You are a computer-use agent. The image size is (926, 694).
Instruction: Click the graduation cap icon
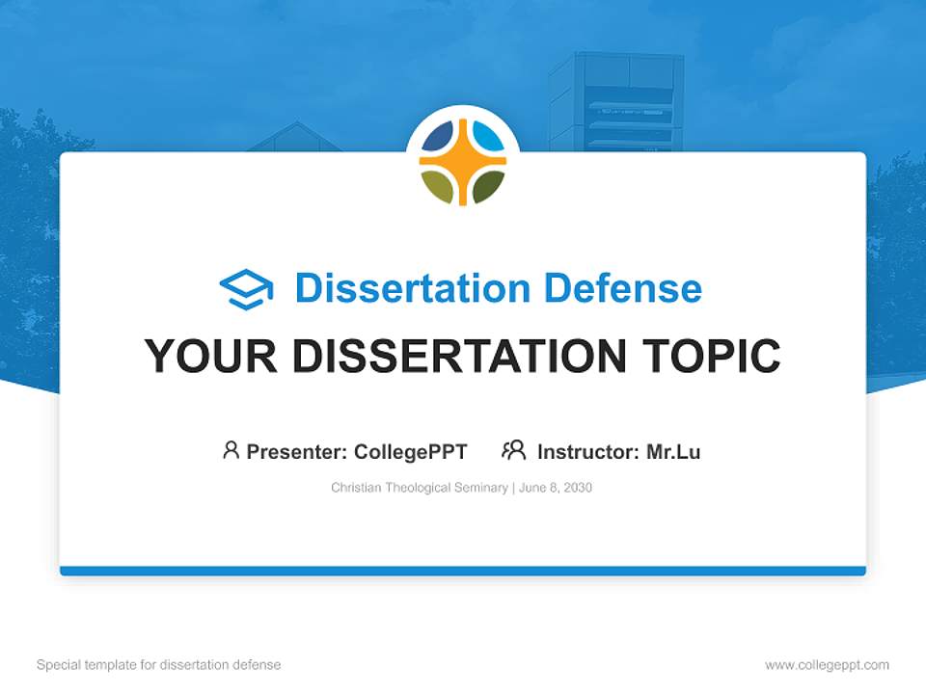(x=246, y=289)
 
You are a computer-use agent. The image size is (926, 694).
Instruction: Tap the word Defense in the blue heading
(x=622, y=288)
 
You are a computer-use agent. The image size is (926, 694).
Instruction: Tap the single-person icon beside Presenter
(x=231, y=450)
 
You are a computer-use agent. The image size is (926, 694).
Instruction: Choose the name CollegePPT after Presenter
(x=411, y=451)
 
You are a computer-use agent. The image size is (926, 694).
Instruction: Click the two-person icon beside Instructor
(x=513, y=450)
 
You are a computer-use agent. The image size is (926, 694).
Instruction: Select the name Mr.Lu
(x=673, y=451)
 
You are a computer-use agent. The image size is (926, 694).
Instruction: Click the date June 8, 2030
(x=556, y=488)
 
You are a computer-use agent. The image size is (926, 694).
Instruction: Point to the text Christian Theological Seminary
(x=419, y=488)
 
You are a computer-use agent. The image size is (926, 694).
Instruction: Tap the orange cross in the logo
(x=463, y=162)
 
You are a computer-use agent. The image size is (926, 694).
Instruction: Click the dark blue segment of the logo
(x=439, y=138)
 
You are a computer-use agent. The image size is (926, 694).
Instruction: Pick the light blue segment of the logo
(x=487, y=138)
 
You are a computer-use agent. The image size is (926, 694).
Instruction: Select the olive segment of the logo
(x=439, y=186)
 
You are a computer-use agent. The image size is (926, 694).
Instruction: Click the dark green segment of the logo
(x=487, y=186)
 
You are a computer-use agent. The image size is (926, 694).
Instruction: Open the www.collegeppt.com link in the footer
(x=827, y=665)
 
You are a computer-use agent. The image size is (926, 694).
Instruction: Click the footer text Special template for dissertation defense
(x=159, y=665)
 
